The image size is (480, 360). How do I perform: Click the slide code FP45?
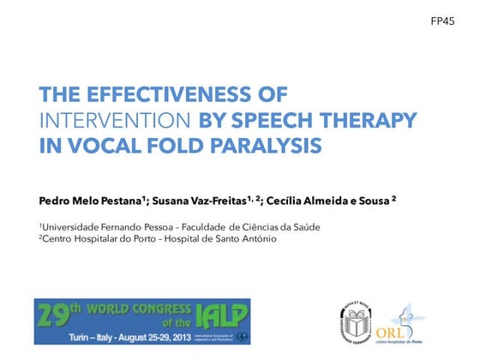tap(442, 21)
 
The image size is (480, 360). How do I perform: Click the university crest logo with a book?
tap(353, 319)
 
